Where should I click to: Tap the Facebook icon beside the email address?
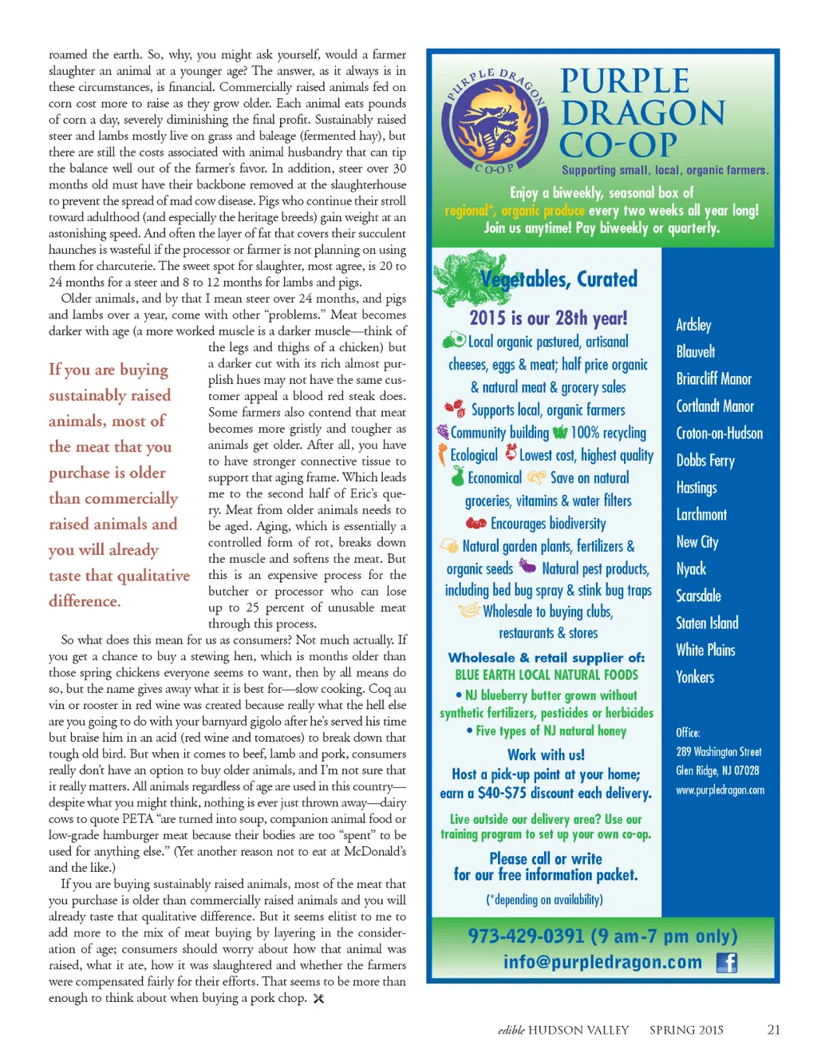point(726,963)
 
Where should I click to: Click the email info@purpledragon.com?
point(602,962)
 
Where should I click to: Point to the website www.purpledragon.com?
point(720,790)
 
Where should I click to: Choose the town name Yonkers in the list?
point(695,677)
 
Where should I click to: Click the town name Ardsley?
point(693,325)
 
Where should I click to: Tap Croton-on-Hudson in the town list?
point(719,434)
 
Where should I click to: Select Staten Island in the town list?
point(707,623)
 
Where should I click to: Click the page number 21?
point(773,1030)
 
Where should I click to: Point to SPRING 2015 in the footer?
point(686,1030)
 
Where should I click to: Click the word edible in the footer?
point(511,1030)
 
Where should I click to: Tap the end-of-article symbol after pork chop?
point(318,999)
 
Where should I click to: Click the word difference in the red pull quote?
point(84,601)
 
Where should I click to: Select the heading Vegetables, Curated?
point(558,279)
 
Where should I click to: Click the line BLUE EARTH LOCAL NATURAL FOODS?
point(547,675)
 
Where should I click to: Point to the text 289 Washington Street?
point(718,752)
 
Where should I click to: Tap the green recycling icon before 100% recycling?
point(560,433)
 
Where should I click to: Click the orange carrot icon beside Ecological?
point(442,454)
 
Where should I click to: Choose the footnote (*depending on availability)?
point(544,900)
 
